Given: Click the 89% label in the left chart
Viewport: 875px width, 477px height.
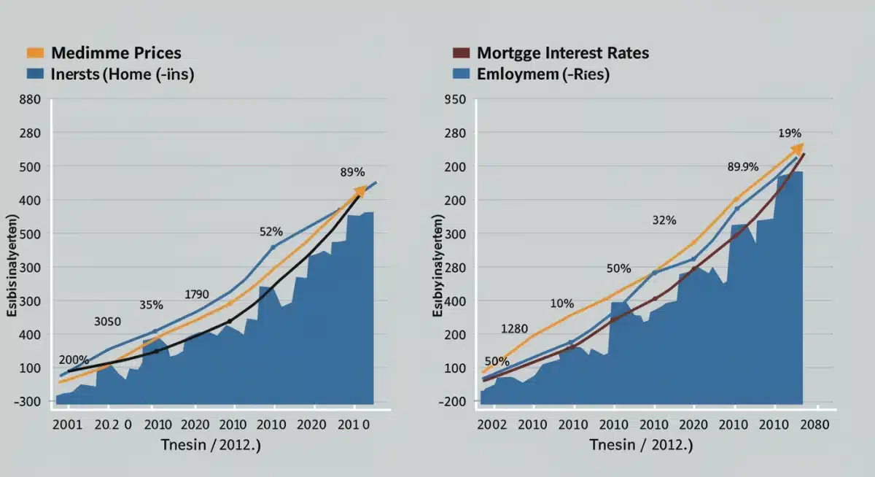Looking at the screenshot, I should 352,173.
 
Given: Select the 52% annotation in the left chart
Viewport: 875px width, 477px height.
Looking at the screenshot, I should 271,232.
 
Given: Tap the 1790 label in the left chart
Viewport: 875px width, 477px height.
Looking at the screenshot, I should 196,295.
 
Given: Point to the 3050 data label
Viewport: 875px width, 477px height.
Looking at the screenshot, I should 108,322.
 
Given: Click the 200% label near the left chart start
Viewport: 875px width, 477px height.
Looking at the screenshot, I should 74,360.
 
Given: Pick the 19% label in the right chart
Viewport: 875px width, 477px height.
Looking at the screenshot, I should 790,133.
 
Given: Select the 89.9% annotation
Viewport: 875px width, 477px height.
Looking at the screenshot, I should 743,167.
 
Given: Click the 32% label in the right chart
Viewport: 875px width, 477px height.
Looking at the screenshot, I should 664,220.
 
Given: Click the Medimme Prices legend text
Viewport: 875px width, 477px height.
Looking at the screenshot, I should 117,53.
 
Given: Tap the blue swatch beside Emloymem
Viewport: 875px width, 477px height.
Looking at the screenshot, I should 460,74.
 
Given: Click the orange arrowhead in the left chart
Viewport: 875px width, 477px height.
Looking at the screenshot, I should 360,191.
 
